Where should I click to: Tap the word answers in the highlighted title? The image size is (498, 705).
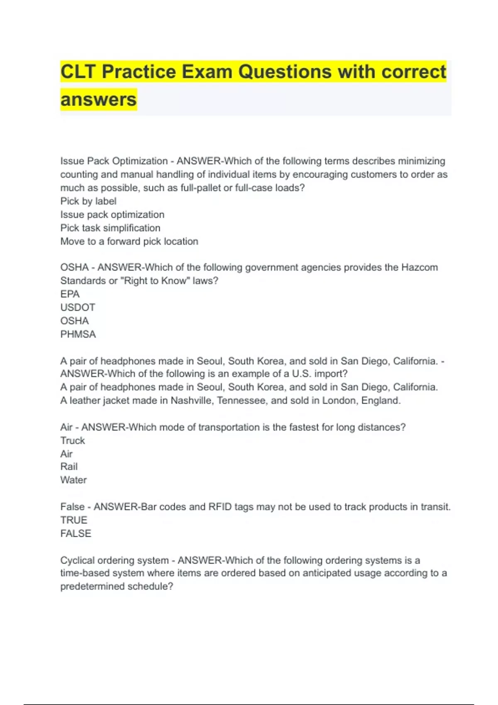(98, 100)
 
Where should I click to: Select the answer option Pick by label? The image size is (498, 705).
(88, 201)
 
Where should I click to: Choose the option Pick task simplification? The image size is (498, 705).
(110, 228)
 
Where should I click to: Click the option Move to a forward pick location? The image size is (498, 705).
(129, 241)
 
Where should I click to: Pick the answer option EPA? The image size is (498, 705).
(70, 294)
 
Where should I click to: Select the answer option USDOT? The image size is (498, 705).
(78, 307)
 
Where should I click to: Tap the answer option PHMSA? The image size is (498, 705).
(78, 334)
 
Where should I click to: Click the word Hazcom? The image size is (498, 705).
(419, 267)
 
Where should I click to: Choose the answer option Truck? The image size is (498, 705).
(73, 440)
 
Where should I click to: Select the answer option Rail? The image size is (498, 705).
(69, 467)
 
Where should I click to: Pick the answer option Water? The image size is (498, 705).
(73, 480)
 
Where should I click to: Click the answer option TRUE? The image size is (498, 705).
(74, 520)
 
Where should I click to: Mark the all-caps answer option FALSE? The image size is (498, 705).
(76, 533)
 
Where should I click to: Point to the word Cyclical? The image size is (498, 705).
(78, 560)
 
